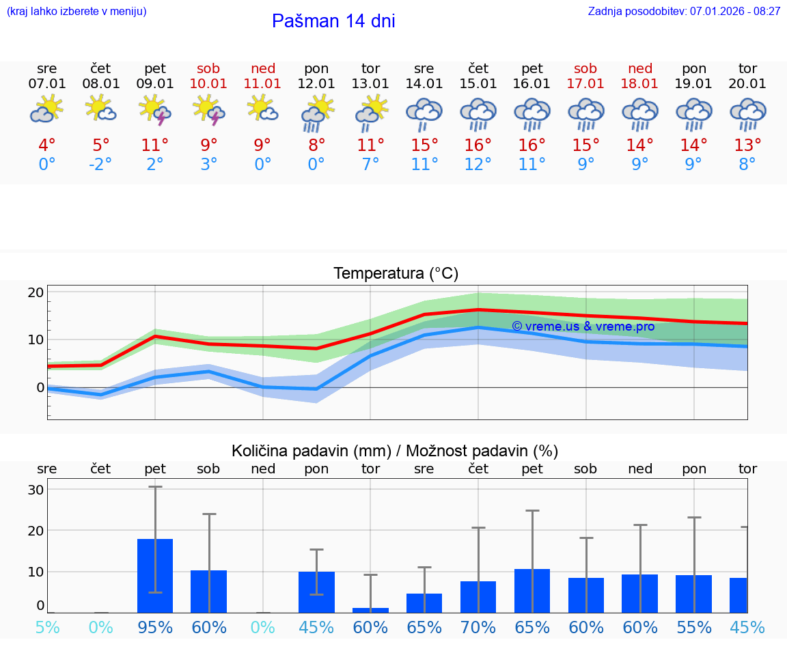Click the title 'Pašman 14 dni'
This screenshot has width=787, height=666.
tap(333, 21)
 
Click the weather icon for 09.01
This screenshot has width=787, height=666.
tap(155, 110)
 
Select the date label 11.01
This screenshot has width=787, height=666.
tap(262, 84)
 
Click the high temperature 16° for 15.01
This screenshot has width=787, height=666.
tap(478, 145)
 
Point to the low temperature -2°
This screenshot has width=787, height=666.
tap(100, 165)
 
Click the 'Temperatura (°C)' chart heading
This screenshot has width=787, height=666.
tap(396, 274)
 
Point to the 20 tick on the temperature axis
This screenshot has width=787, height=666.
tap(36, 292)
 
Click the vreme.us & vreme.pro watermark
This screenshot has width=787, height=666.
tap(583, 327)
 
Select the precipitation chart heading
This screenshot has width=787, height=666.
tap(395, 451)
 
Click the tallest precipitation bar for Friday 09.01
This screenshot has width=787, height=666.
tap(155, 576)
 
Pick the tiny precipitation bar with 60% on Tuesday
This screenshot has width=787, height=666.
tap(370, 610)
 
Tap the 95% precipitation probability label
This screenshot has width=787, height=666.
tap(155, 628)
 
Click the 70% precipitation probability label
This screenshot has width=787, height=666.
tap(478, 628)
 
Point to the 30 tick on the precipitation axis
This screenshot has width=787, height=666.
tap(36, 490)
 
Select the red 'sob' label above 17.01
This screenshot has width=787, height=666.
tap(585, 68)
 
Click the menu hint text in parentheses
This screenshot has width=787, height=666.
tap(77, 12)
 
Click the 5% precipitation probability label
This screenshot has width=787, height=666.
tap(47, 628)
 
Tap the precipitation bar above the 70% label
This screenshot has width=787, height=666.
tap(478, 597)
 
